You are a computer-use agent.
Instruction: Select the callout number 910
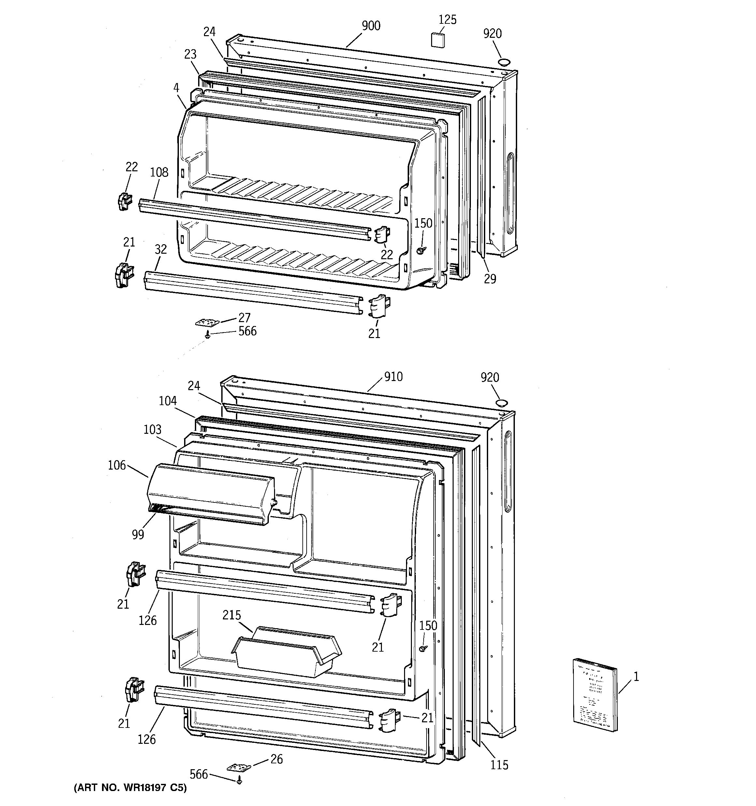click(393, 377)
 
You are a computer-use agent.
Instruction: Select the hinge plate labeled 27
click(207, 322)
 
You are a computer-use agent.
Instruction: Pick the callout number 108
click(159, 173)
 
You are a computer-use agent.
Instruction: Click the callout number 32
click(161, 249)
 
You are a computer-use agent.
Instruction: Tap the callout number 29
click(490, 279)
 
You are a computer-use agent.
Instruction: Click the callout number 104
click(167, 401)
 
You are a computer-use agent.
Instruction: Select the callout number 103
click(153, 429)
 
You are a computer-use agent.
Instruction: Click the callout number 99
click(138, 535)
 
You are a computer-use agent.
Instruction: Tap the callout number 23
click(190, 54)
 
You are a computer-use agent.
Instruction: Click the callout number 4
click(176, 87)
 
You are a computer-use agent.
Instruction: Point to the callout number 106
click(117, 465)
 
